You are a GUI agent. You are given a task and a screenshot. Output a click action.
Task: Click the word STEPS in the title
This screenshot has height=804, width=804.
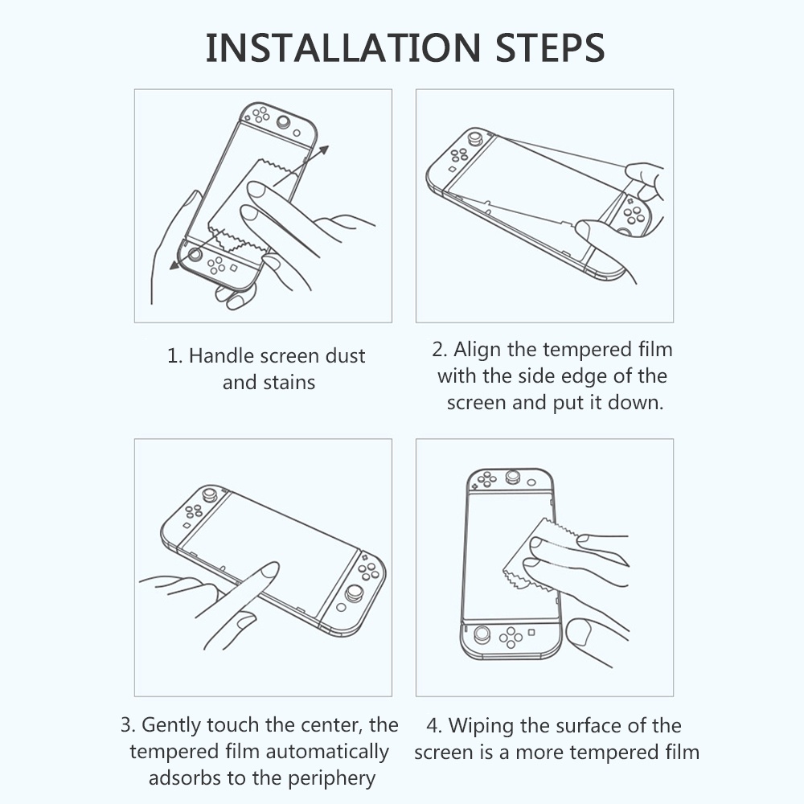tap(550, 47)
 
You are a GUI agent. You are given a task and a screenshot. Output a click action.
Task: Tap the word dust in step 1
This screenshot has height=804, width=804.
tap(346, 356)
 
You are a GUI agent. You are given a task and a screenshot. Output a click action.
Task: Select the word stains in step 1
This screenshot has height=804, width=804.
tap(289, 383)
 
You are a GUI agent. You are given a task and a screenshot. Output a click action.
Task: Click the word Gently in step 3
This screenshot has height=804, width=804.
tap(170, 725)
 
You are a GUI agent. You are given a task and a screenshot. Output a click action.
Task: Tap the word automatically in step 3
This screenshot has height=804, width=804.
tap(327, 753)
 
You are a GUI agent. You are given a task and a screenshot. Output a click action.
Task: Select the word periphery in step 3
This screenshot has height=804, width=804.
tap(332, 779)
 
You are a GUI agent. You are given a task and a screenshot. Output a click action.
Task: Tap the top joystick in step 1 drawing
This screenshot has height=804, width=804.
tap(283, 122)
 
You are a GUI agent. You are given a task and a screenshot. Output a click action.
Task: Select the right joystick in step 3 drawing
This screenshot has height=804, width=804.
tap(355, 594)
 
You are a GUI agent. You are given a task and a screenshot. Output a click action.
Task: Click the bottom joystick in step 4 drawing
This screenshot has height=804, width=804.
tap(482, 634)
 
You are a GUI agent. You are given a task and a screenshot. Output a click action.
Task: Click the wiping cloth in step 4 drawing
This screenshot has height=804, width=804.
tap(533, 556)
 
